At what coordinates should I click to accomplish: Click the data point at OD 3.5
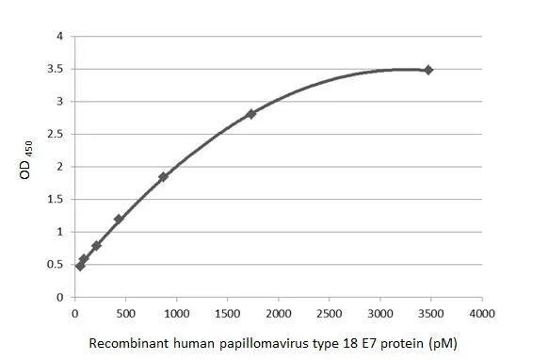click(x=428, y=70)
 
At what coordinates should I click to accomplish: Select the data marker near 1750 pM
click(x=251, y=114)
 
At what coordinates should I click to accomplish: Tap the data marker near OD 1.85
click(x=163, y=176)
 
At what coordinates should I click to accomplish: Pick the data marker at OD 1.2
click(x=119, y=219)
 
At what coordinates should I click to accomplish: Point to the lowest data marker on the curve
click(x=80, y=266)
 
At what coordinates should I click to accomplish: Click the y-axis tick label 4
click(x=59, y=37)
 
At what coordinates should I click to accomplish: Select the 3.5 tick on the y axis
click(x=56, y=70)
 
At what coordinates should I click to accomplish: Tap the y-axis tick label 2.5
click(x=56, y=135)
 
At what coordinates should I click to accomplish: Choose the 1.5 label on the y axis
click(x=56, y=200)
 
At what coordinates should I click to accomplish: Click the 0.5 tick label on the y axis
click(x=56, y=265)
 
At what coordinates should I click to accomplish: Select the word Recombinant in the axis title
click(x=123, y=340)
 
